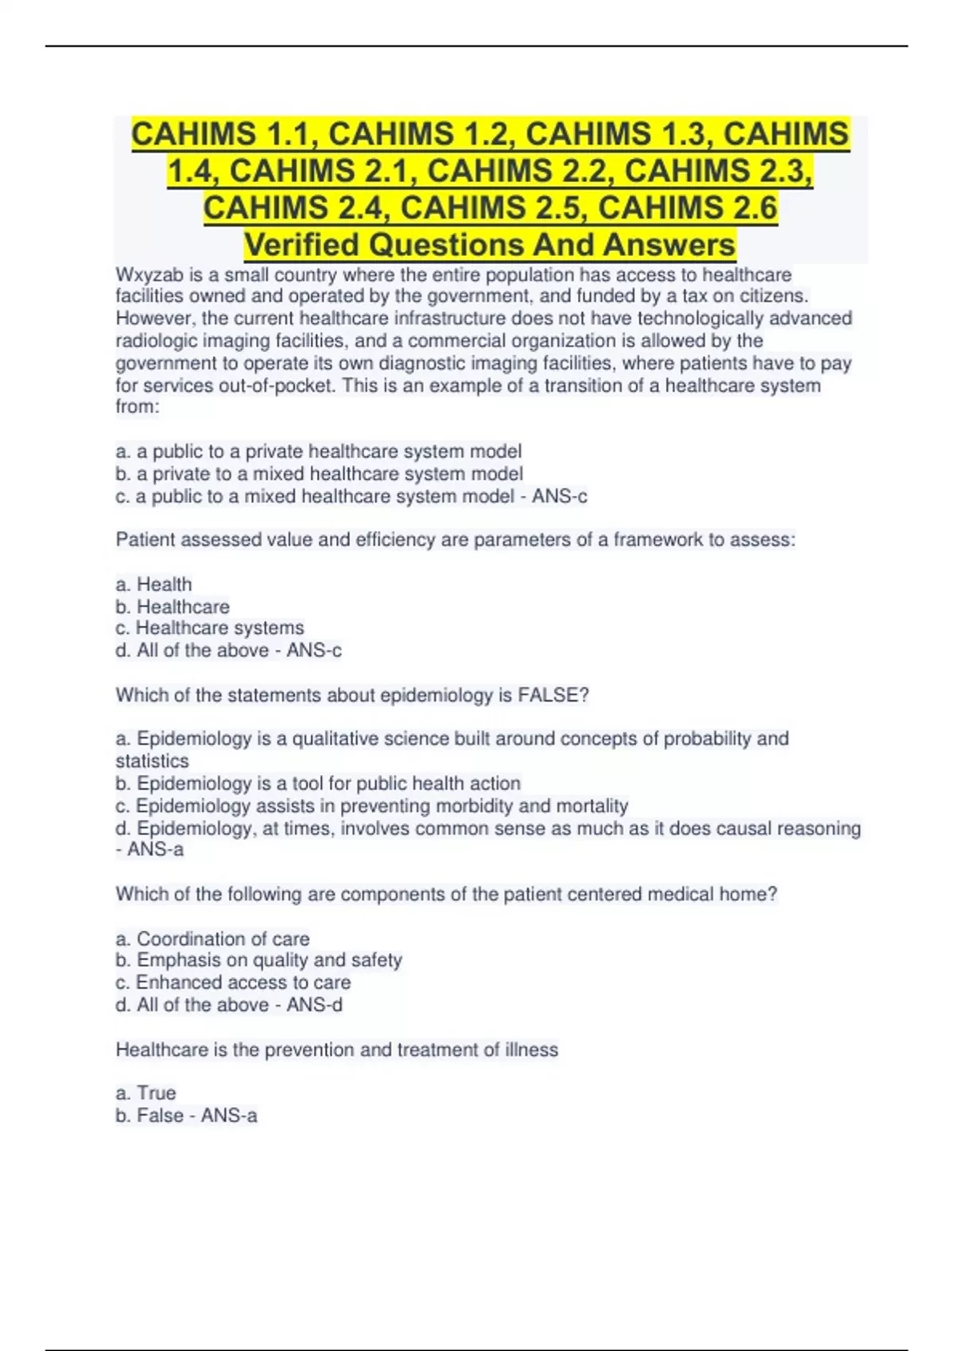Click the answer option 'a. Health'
point(154,584)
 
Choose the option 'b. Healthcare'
point(173,606)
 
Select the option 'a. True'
point(146,1093)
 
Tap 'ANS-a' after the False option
point(229,1116)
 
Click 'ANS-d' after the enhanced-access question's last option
point(315,1005)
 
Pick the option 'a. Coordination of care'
point(213,939)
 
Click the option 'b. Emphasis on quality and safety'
point(259,960)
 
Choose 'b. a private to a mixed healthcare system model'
point(320,474)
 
